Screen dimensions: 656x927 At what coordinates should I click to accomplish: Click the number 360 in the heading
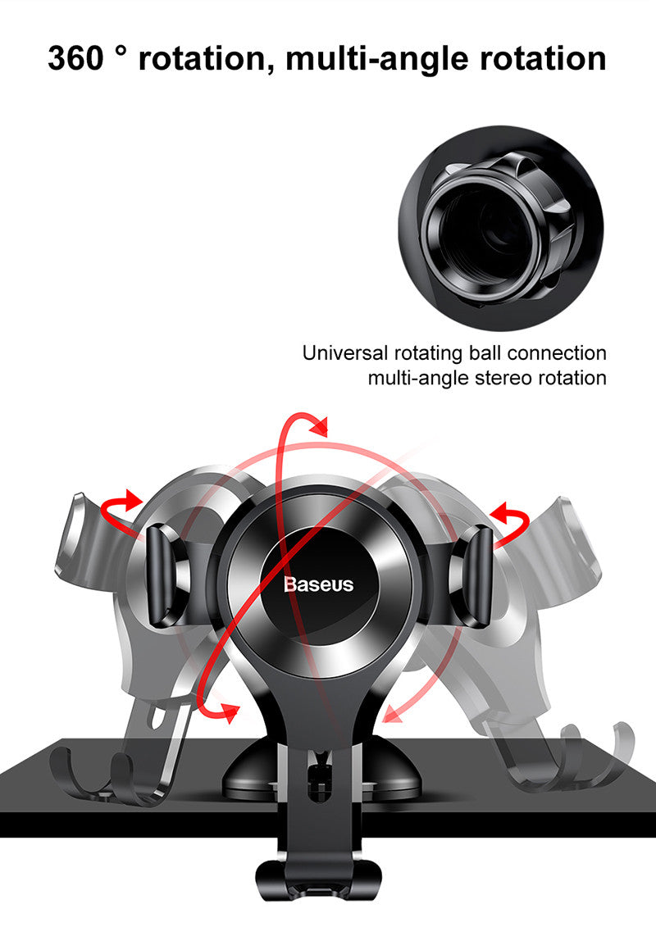click(x=75, y=58)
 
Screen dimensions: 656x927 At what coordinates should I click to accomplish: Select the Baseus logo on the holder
click(x=318, y=584)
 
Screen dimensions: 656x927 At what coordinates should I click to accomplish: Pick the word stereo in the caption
click(x=504, y=378)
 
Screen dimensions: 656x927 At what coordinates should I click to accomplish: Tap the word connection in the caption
click(x=557, y=353)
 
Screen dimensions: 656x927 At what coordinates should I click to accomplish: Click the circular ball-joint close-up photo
click(x=501, y=228)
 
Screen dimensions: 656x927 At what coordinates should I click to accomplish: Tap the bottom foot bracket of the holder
click(x=318, y=880)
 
